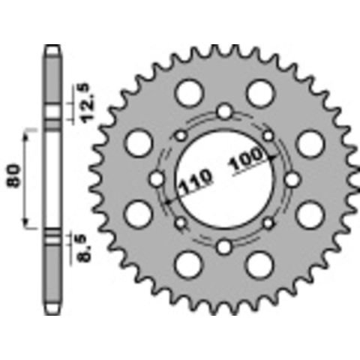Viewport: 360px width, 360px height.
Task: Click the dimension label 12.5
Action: coord(88,103)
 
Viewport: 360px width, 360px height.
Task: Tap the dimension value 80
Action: coord(13,175)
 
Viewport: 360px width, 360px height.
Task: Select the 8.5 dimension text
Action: coord(85,248)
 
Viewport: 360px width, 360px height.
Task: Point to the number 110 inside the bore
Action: coord(196,181)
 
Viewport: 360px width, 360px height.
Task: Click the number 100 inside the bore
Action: coord(246,159)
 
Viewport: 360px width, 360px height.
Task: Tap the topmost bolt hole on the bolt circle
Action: coord(224,111)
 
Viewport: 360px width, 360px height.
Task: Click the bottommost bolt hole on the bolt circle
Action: coord(223,247)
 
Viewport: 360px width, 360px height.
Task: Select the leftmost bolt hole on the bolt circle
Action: coord(157,179)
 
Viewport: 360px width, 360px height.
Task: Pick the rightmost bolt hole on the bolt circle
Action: coord(292,179)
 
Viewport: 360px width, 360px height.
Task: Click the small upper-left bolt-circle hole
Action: coord(181,136)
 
